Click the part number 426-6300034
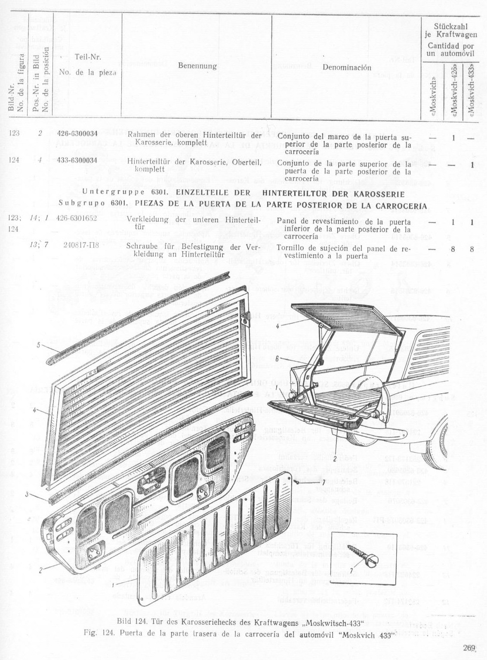77,133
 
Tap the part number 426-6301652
77,218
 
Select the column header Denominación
346,68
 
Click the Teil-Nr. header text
88,57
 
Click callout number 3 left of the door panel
27,495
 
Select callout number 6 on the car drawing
278,358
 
